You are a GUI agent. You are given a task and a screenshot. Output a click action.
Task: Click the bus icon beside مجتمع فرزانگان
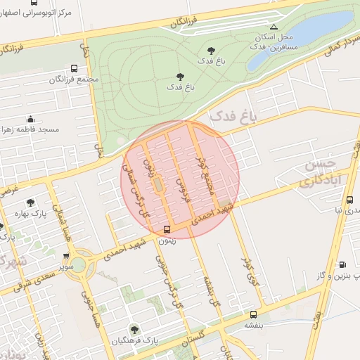pos(75,69)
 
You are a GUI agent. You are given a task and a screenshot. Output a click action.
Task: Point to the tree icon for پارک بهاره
pos(30,202)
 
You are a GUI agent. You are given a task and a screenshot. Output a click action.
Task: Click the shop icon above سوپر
pos(65,256)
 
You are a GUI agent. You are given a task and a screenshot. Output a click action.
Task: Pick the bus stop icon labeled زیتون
pos(167,229)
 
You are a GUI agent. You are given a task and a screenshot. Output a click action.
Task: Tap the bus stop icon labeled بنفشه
pos(253,315)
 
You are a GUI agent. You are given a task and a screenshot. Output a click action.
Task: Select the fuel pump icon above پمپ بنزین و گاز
pos(342,265)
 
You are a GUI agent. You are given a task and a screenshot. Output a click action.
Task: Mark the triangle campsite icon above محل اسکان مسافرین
pos(274,26)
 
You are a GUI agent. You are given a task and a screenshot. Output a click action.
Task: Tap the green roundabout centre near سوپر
pos(77,265)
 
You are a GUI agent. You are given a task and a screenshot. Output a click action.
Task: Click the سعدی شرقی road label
pos(32,277)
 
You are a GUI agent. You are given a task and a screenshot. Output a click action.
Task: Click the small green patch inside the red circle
pos(157,184)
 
